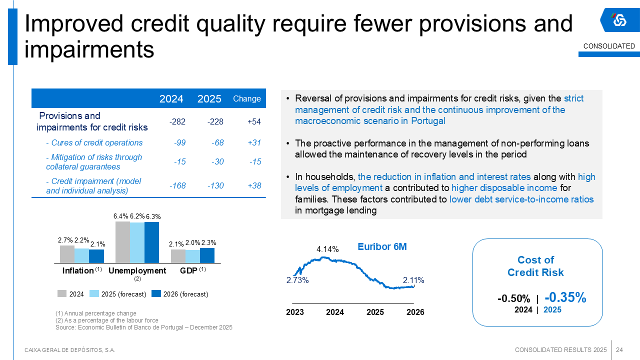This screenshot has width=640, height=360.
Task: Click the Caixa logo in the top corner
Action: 619,20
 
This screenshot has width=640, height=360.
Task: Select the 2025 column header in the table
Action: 209,99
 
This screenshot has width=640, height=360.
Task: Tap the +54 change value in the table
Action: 254,121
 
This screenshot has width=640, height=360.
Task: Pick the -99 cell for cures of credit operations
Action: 179,143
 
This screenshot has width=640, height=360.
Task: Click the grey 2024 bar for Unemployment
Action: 122,242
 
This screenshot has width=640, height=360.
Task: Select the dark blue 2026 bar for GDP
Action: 207,255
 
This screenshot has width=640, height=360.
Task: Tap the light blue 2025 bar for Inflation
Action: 81,255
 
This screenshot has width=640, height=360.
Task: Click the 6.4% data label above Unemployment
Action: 121,216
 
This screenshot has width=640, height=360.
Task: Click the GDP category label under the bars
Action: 188,270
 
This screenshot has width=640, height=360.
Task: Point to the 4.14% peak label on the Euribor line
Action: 328,249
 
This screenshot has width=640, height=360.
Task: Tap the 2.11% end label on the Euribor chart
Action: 413,280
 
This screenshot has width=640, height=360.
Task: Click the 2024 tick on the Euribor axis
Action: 335,312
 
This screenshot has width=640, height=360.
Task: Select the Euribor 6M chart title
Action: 382,246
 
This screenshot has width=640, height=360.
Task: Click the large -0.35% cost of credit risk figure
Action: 565,297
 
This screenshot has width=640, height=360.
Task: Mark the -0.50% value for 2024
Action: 513,298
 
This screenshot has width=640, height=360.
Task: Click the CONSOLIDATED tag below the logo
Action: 609,46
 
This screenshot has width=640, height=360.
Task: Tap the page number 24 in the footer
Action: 619,349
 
